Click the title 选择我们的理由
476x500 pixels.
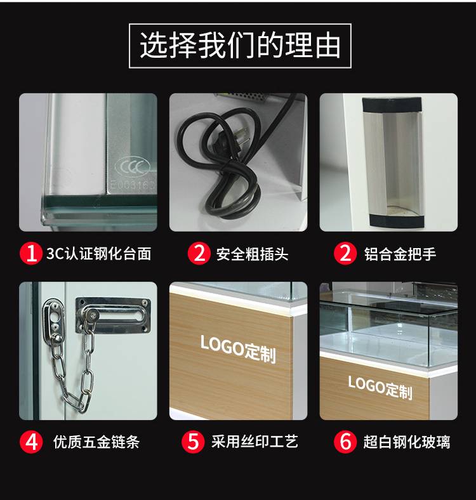coord(240,45)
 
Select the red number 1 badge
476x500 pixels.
coord(31,254)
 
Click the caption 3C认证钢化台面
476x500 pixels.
coord(98,254)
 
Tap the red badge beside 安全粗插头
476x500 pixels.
coord(199,254)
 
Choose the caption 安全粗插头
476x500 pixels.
coord(252,254)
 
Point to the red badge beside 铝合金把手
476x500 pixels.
coord(345,254)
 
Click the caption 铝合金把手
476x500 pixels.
coord(400,254)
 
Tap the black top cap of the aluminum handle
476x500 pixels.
coord(392,105)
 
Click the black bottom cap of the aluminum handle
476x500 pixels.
coord(397,221)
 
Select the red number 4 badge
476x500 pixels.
coord(31,442)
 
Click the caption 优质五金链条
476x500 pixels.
coord(96,442)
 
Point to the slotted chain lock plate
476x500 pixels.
coord(113,315)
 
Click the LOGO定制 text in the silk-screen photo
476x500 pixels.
coord(238,349)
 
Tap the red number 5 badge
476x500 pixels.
coord(193,442)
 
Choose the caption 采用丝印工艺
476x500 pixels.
coord(255,442)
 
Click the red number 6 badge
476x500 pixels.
coord(345,442)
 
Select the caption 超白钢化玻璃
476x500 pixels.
coord(407,442)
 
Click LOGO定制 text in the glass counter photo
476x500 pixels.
coord(380,387)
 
